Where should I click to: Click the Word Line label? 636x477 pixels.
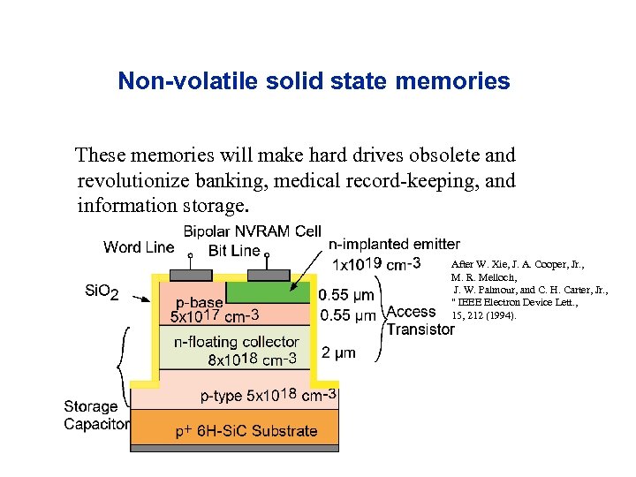[x=139, y=246]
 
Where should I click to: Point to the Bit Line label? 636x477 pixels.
[x=234, y=251]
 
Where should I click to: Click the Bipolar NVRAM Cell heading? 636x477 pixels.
[x=252, y=231]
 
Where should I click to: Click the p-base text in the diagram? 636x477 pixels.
[x=199, y=302]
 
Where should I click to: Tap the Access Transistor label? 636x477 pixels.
[x=420, y=320]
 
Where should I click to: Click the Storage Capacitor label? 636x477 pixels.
[x=95, y=415]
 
